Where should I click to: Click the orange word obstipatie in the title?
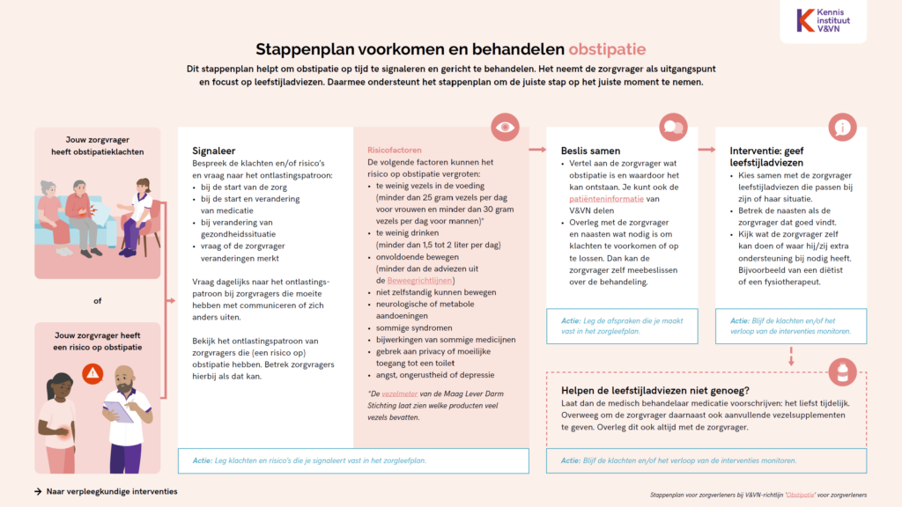(x=612, y=48)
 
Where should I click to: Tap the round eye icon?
(x=505, y=128)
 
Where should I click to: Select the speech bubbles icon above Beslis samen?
(x=674, y=128)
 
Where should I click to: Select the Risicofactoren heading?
(x=394, y=151)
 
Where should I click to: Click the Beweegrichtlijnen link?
(x=415, y=280)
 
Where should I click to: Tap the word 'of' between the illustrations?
(x=97, y=301)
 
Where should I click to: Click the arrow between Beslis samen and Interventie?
(x=707, y=150)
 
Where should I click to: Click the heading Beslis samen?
(x=590, y=151)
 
